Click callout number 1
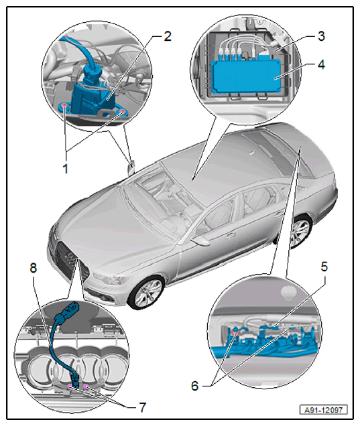[x=65, y=168]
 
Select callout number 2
[x=168, y=36]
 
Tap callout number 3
[x=321, y=36]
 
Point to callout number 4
[x=321, y=65]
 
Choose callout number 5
[x=324, y=267]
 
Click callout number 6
[x=195, y=386]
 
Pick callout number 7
[x=143, y=407]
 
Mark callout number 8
[x=33, y=268]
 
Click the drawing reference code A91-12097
[x=324, y=410]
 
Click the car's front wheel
[x=146, y=292]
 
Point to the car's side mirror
[x=200, y=240]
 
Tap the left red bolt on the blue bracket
[x=64, y=106]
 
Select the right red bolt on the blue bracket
[x=123, y=112]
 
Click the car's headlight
[x=111, y=279]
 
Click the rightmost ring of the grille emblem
[x=114, y=367]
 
